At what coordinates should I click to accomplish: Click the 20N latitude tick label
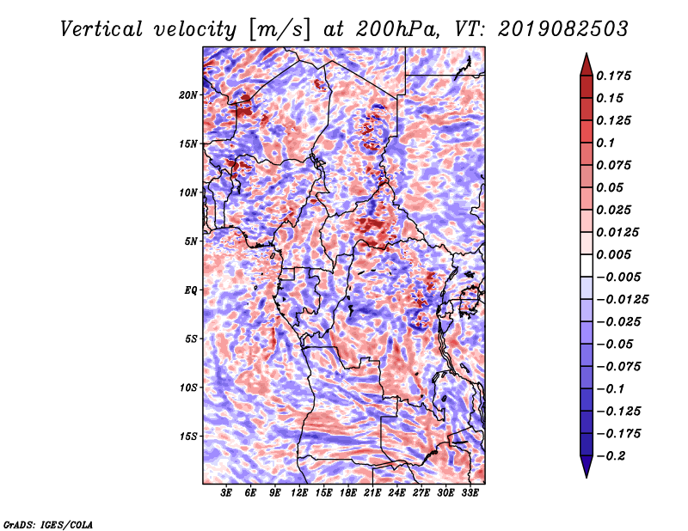pos(187,95)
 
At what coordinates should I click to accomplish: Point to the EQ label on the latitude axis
pos(190,290)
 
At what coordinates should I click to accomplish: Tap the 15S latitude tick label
pos(187,436)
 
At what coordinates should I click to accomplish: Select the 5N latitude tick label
pos(191,241)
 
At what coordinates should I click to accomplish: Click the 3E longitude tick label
pos(226,493)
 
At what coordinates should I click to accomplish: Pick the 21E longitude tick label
pos(372,493)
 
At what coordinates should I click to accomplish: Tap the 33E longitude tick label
pos(470,493)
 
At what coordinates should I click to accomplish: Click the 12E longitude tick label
pos(298,493)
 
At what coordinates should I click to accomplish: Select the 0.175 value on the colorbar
pos(613,76)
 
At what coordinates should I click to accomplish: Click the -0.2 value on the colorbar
pos(611,456)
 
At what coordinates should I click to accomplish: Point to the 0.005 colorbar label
pos(613,254)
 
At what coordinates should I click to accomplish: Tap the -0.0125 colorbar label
pos(622,300)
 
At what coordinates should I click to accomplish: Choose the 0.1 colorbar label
pos(605,143)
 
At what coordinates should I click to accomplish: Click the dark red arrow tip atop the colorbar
pos(587,54)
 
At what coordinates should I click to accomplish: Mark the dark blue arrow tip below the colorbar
pos(587,476)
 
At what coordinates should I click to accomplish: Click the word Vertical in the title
pos(101,29)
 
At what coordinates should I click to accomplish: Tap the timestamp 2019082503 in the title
pos(563,29)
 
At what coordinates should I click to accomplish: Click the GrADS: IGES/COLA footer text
pos(48,525)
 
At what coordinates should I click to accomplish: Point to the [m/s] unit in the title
pos(279,30)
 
